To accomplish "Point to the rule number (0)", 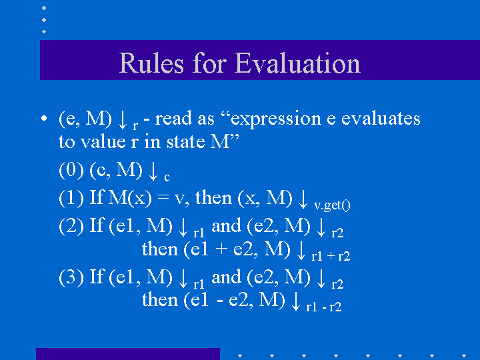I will coord(71,171).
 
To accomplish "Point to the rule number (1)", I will coord(71,198).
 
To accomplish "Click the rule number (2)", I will coord(71,226).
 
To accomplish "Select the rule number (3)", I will coord(71,277).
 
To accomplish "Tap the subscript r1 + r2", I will coord(331,256).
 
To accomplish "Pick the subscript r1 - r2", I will coord(324,307).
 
